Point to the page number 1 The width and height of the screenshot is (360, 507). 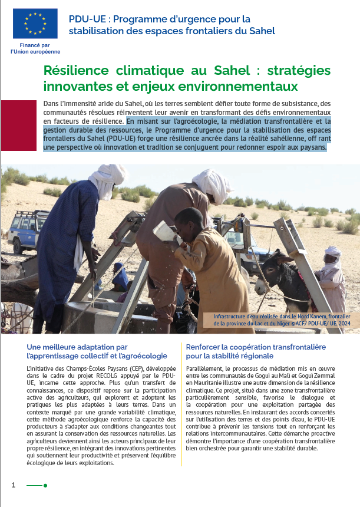pyautogui.click(x=13, y=485)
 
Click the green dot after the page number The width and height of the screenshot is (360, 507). pyautogui.click(x=45, y=485)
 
